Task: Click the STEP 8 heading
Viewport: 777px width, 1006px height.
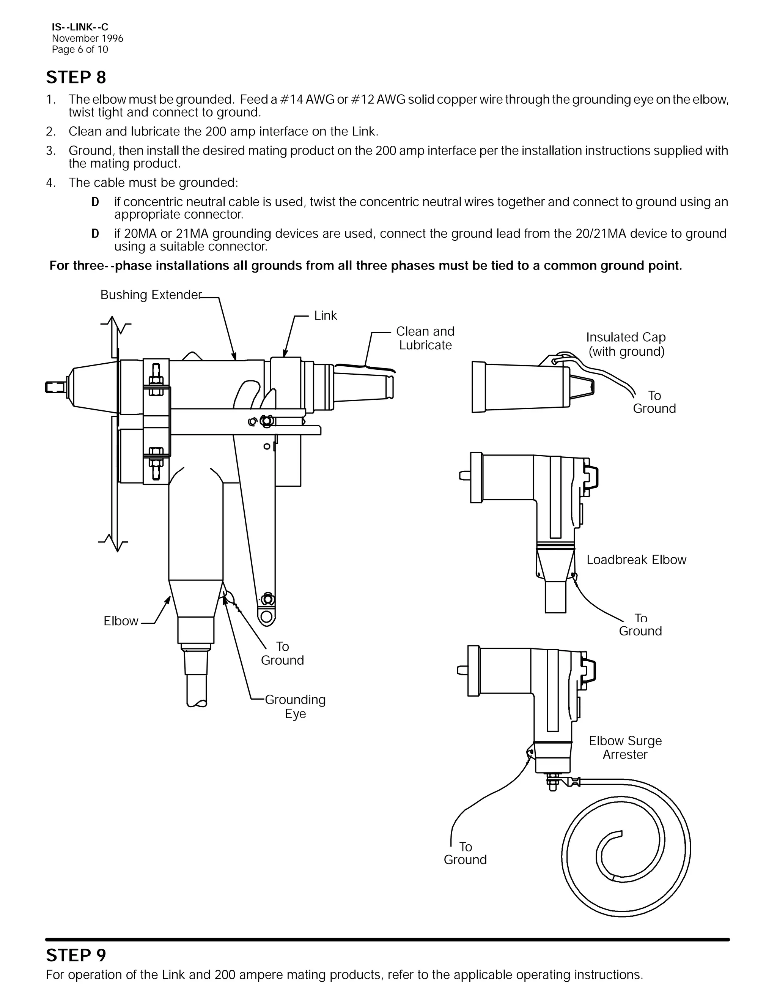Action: (x=76, y=77)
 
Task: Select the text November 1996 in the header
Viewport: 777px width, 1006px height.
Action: (x=88, y=39)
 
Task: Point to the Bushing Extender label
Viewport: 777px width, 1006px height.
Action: (x=151, y=295)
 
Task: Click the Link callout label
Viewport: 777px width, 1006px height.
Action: (x=326, y=315)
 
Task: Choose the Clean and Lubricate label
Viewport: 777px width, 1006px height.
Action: (x=425, y=338)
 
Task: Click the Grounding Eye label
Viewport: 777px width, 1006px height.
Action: (x=295, y=706)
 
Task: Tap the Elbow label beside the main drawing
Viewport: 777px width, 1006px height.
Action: (x=121, y=621)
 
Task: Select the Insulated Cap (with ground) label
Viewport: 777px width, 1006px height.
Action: (x=626, y=344)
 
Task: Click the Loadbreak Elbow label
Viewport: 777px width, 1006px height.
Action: (x=636, y=560)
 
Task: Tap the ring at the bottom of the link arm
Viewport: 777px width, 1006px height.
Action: (x=266, y=616)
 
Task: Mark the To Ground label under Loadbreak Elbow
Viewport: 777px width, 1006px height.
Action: (x=640, y=624)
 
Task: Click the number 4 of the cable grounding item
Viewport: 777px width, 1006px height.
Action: (x=50, y=183)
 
